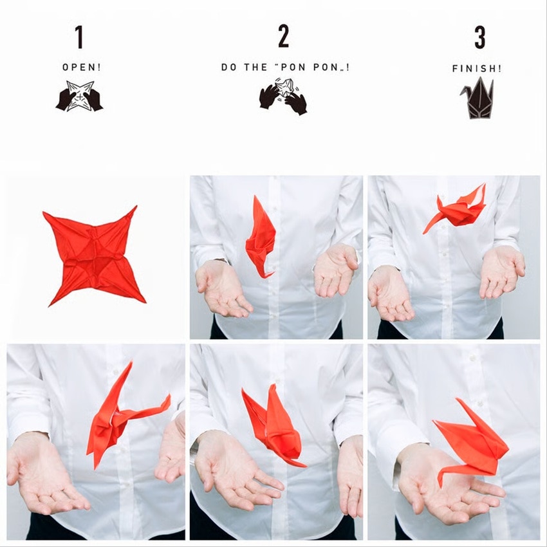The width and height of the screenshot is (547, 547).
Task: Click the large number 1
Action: (x=80, y=37)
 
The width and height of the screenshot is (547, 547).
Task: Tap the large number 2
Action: (x=284, y=36)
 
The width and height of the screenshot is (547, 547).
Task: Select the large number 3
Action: (x=480, y=37)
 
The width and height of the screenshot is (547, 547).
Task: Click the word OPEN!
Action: (x=82, y=68)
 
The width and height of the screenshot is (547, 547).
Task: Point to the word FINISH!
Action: (x=476, y=68)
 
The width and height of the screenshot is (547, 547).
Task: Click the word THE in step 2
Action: (x=255, y=68)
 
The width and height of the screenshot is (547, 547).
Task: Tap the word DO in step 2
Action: (x=229, y=68)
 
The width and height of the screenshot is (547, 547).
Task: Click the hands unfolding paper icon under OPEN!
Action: (x=80, y=96)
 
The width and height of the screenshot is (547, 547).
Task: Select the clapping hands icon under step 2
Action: (x=283, y=95)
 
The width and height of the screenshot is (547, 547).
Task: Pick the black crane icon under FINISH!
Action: (x=477, y=99)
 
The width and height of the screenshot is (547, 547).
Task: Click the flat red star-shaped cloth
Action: (x=93, y=255)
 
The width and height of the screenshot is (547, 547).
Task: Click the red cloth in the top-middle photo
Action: (x=261, y=237)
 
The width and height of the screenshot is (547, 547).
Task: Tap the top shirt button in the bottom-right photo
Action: (x=473, y=358)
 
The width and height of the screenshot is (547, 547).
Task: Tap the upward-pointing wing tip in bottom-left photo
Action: (x=131, y=362)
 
